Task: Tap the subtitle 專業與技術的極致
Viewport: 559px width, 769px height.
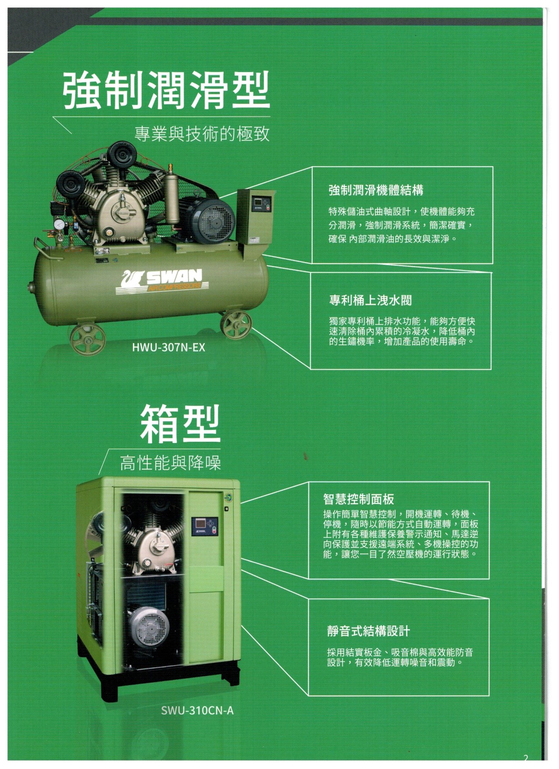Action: click(x=202, y=134)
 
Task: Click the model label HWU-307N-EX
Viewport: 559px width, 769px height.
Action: click(x=168, y=348)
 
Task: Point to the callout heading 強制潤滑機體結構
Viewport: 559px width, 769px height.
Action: click(x=376, y=190)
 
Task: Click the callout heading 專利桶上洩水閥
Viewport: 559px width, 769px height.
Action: click(x=370, y=300)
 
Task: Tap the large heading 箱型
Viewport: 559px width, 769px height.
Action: click(x=180, y=423)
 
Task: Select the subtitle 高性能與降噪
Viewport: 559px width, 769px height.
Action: click(x=170, y=463)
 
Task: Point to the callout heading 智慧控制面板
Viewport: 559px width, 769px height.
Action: click(x=359, y=499)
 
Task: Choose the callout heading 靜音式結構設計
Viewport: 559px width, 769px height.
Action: click(x=369, y=631)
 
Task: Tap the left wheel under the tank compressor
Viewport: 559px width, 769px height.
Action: click(x=88, y=339)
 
